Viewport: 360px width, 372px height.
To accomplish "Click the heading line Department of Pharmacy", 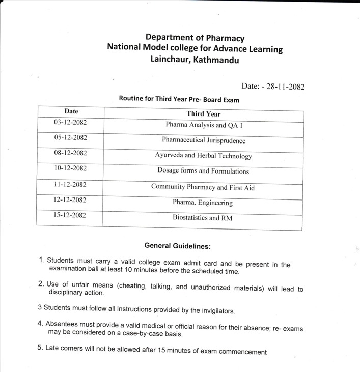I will click(195, 38).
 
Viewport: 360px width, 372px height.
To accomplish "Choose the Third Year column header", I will click(203, 114).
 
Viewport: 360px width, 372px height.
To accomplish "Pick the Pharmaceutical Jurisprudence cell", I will click(203, 140).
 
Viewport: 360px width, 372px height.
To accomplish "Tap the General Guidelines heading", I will click(177, 246).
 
